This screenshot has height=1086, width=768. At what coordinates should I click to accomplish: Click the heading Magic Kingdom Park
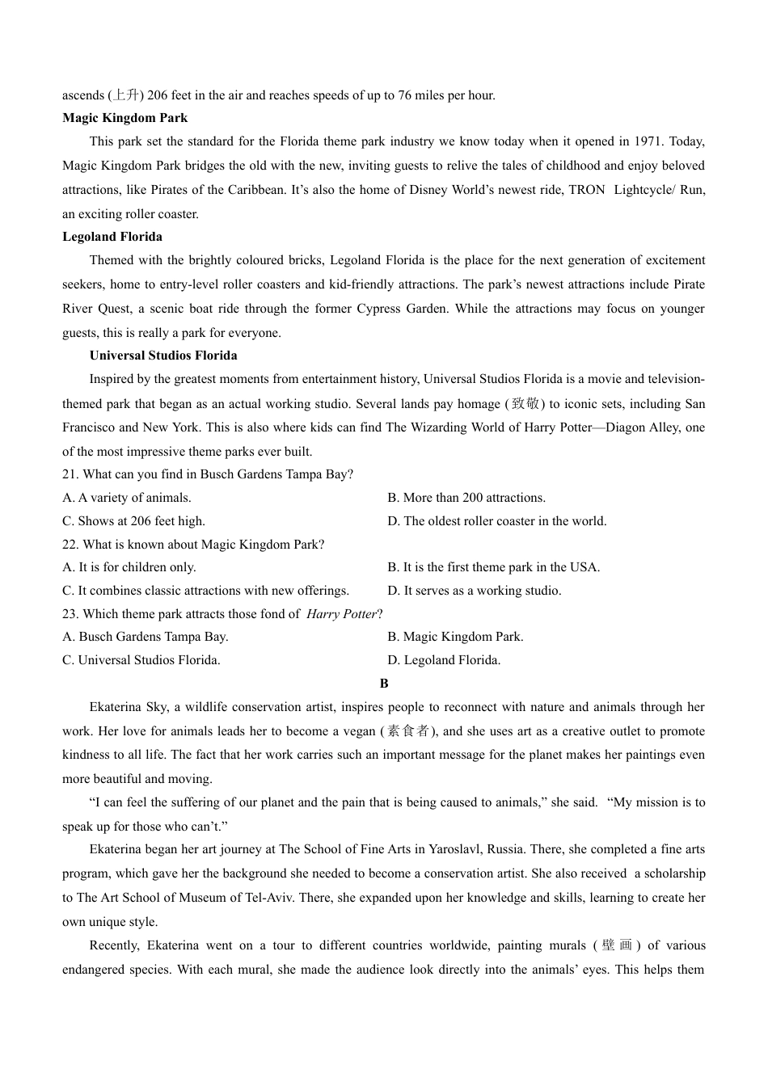[x=124, y=118]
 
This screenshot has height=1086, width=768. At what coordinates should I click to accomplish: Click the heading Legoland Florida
[x=112, y=237]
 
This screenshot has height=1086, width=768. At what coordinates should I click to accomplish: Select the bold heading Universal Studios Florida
[x=163, y=356]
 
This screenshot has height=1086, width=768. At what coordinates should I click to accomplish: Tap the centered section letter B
[x=384, y=684]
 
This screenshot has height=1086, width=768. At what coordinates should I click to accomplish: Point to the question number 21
[x=70, y=474]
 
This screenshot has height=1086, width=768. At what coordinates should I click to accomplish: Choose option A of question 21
[x=127, y=498]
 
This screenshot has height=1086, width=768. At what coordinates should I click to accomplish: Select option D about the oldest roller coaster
[x=496, y=521]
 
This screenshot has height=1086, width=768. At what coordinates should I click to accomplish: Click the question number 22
[x=70, y=545]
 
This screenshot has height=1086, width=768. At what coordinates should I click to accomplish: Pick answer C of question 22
[x=205, y=591]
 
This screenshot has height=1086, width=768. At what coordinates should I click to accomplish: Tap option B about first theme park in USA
[x=493, y=567]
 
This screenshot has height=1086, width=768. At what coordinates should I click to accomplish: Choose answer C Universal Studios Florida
[x=141, y=660]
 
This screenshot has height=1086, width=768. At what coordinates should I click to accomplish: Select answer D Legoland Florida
[x=444, y=660]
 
